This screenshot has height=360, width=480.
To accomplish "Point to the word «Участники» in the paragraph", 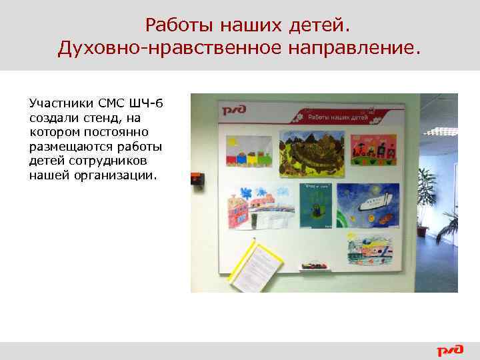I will [57, 104].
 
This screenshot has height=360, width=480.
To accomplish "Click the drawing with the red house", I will [258, 208].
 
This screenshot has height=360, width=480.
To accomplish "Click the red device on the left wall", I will [197, 179].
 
